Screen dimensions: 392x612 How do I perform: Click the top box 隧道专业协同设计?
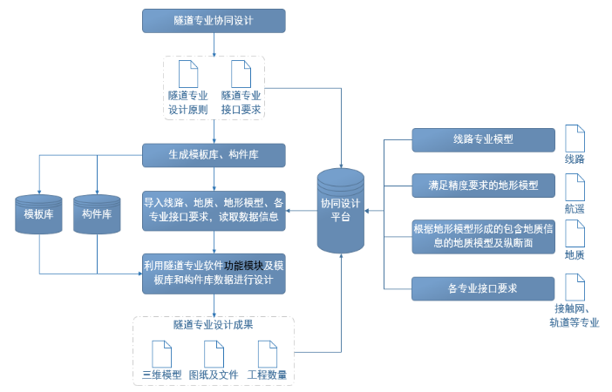(x=214, y=20)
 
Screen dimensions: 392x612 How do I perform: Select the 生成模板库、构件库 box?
(x=214, y=155)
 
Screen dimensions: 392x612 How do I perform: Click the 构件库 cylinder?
(x=97, y=214)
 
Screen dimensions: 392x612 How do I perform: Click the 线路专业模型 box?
(x=483, y=139)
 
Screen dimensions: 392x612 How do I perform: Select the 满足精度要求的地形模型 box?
(x=483, y=186)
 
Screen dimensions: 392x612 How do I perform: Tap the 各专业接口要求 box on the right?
(x=483, y=287)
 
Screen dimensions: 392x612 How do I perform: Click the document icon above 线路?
(x=575, y=139)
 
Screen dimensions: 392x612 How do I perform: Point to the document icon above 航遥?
(x=575, y=186)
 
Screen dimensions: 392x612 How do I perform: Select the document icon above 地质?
(x=575, y=233)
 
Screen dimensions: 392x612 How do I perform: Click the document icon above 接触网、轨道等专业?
(x=575, y=287)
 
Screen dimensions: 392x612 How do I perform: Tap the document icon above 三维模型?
(x=162, y=353)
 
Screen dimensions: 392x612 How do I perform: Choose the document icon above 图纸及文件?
(x=214, y=353)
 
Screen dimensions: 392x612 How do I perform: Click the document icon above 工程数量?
(x=268, y=353)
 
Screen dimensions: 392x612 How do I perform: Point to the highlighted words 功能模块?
(x=243, y=266)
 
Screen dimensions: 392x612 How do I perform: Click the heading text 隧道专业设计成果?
(x=214, y=326)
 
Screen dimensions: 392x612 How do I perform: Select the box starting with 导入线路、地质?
(x=214, y=210)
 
